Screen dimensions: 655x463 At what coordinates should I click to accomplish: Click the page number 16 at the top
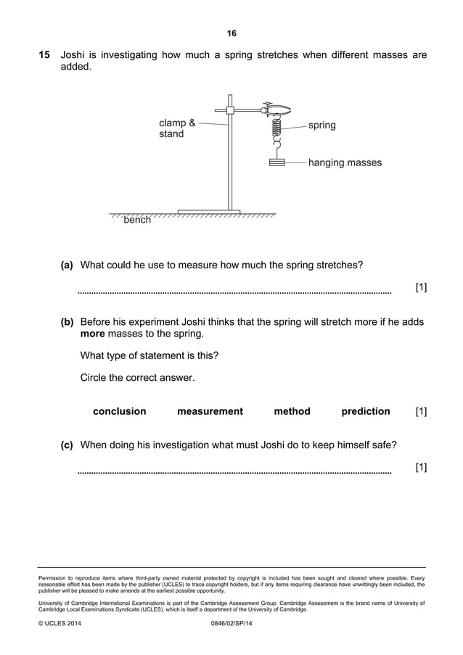(x=231, y=33)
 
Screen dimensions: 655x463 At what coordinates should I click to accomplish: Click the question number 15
(x=44, y=54)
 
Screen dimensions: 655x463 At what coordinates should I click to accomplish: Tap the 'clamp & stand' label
(x=176, y=128)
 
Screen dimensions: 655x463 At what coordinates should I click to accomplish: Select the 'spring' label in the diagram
(x=321, y=125)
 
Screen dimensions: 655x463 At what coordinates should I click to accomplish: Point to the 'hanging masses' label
(x=345, y=162)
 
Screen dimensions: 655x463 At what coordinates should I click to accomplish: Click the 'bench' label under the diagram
(x=137, y=220)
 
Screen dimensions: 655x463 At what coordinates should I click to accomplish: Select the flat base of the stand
(x=208, y=212)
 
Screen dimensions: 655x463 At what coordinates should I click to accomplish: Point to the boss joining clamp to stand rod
(x=229, y=110)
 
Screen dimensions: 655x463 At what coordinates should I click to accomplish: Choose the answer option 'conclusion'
(x=119, y=411)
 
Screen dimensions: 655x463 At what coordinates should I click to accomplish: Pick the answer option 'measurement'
(x=210, y=411)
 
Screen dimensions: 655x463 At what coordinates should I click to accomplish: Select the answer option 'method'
(x=292, y=411)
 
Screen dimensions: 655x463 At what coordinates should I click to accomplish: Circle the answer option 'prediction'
(x=365, y=411)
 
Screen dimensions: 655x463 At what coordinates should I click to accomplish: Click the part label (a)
(x=67, y=265)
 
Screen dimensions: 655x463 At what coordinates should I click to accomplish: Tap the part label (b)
(x=67, y=321)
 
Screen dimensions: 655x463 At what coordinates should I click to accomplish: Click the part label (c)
(x=67, y=445)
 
